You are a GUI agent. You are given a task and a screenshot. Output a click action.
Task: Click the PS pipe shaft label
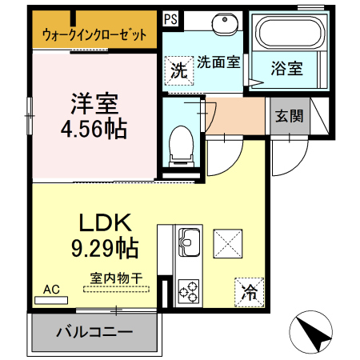[170, 19]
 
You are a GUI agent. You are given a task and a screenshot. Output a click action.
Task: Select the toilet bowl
[182, 146]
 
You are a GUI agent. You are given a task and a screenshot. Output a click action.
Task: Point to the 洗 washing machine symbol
[178, 70]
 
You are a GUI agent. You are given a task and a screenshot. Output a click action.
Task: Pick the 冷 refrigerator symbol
[249, 292]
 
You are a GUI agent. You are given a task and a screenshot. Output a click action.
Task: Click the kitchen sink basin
[190, 242]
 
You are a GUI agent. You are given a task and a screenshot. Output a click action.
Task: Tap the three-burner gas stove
[189, 291]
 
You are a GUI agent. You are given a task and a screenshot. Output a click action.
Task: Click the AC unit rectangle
[51, 300]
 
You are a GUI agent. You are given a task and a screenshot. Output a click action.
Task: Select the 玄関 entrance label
[290, 116]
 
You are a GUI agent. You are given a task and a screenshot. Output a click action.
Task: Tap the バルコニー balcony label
[94, 332]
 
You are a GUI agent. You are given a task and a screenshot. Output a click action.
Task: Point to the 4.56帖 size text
[94, 130]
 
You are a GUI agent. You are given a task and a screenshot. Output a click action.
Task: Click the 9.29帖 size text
[105, 248]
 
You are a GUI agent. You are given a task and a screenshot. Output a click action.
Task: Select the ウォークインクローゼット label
[94, 34]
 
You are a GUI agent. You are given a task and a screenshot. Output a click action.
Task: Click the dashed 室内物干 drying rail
[116, 289]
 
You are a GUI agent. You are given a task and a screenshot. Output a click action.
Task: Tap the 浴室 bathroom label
[287, 68]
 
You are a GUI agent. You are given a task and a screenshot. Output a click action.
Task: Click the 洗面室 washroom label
[218, 62]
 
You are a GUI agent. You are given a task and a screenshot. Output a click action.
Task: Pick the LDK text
[106, 222]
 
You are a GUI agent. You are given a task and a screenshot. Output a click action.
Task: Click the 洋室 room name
[94, 103]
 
